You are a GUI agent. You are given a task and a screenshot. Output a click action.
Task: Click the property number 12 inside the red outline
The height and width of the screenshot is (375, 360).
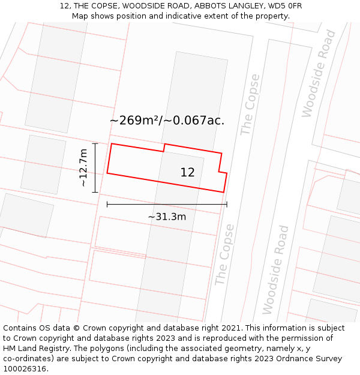pyautogui.click(x=187, y=172)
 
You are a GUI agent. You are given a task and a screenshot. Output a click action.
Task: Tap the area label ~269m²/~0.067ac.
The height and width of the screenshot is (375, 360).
pyautogui.click(x=167, y=120)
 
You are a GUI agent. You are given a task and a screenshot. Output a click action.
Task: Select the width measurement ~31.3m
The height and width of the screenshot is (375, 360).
pyautogui.click(x=167, y=217)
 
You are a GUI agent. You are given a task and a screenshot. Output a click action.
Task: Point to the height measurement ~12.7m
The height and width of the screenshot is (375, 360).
pyautogui.click(x=83, y=167)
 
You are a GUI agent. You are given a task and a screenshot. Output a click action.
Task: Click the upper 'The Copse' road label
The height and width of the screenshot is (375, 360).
pyautogui.click(x=250, y=104)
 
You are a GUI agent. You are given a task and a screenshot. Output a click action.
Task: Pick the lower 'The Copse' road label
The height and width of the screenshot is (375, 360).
pyautogui.click(x=224, y=254)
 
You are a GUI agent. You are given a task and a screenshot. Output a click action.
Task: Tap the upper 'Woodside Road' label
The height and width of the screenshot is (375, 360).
pyautogui.click(x=319, y=73)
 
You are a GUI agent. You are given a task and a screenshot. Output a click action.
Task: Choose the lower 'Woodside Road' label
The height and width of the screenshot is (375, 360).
pyautogui.click(x=276, y=269)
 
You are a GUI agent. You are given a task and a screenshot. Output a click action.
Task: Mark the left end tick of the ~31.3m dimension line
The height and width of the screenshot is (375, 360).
pyautogui.click(x=107, y=205)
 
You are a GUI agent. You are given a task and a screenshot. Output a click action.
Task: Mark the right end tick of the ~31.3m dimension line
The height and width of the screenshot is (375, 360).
pyautogui.click(x=227, y=205)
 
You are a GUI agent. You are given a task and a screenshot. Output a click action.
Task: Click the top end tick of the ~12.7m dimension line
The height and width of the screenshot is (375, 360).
pyautogui.click(x=95, y=143)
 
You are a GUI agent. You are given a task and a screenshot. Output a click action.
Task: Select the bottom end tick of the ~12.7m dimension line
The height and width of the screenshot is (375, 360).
pyautogui.click(x=95, y=192)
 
